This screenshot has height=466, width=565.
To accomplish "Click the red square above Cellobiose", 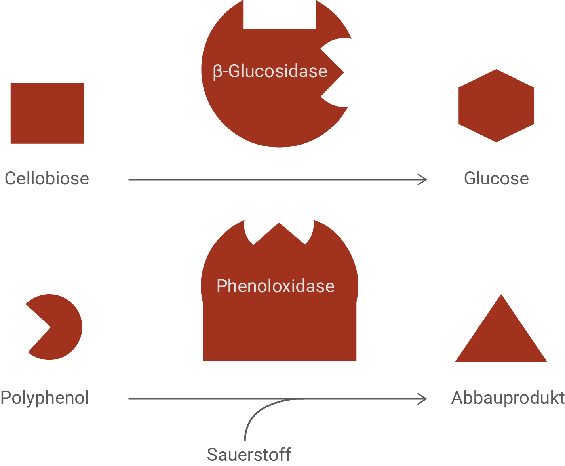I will [x=47, y=113].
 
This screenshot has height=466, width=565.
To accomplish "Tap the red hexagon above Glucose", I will [x=496, y=106].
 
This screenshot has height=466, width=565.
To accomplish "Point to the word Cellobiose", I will [x=47, y=179].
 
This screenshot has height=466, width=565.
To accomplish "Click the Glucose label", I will [x=496, y=179].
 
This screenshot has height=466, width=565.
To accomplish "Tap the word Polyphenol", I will [x=44, y=398].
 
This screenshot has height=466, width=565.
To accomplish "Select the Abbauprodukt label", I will [x=508, y=398].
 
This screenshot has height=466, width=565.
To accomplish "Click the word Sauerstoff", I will [x=249, y=455].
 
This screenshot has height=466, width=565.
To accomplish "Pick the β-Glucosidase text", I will [x=270, y=72].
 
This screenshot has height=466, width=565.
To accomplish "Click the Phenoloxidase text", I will [x=275, y=286].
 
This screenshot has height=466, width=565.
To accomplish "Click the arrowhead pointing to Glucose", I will [x=424, y=180].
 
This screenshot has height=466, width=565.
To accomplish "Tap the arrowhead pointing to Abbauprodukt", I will [x=424, y=399].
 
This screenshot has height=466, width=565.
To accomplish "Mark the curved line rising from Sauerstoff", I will [x=253, y=416].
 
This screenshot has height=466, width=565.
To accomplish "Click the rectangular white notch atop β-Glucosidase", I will [x=280, y=14].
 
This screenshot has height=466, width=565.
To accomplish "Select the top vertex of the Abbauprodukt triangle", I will [x=501, y=296].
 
